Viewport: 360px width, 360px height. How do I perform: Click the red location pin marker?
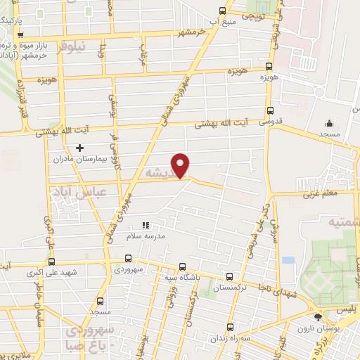point(181,165)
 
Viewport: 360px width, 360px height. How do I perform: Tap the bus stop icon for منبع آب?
point(223,11)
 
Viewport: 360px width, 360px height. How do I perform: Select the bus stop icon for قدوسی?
point(271,110)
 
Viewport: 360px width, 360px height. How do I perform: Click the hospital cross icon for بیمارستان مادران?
point(79,148)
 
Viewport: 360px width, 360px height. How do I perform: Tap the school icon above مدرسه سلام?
point(146,225)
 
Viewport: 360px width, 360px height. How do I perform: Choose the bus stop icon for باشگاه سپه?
point(183,266)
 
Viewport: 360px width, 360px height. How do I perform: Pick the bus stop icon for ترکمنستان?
point(229,276)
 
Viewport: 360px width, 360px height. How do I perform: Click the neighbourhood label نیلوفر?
point(70,46)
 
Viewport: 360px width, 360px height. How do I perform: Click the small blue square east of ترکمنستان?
point(288,259)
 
